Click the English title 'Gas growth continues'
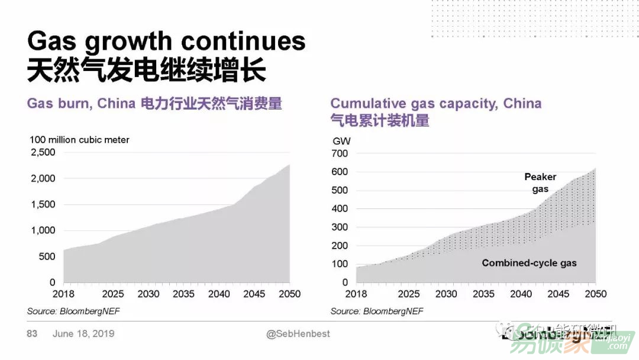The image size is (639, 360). coord(166,41)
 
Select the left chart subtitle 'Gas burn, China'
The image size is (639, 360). coord(81,104)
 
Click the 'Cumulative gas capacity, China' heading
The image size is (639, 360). coord(435,104)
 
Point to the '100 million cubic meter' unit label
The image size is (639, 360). coord(79,140)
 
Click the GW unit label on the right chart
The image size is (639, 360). coord(341,142)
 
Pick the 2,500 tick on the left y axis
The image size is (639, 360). coord(43,152)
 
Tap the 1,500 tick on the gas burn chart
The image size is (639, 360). coord(43,204)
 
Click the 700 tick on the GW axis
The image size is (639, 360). coord(341,154)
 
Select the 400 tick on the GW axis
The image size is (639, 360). coord(341,209)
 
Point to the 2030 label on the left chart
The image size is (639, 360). coord(149,294)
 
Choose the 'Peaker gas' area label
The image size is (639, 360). coord(540,183)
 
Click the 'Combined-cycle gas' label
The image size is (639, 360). coord(529,263)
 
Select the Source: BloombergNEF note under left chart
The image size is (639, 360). coord(73,311)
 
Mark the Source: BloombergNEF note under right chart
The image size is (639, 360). coord(377,311)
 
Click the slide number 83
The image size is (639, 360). coord(32,334)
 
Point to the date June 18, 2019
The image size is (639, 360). coord(83,334)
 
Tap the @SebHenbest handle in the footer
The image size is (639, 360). coord(298,334)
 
